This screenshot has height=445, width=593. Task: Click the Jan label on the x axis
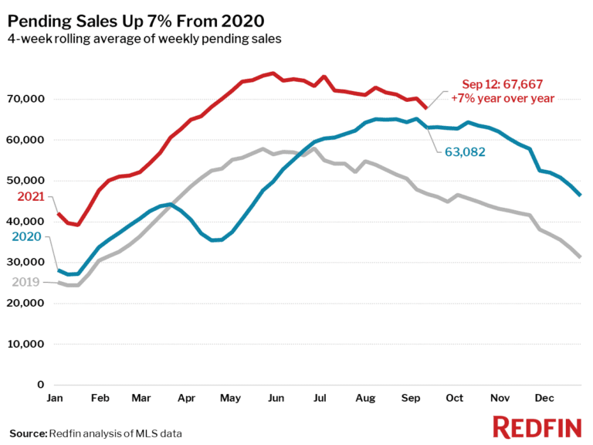coord(55,398)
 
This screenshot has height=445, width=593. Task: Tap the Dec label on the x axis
coord(544,398)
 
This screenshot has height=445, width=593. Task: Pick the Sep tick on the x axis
coord(411,398)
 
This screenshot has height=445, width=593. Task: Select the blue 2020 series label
coord(26,236)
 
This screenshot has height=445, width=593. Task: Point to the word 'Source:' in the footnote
coord(28,433)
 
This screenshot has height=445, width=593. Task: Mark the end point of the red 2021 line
coord(426,107)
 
